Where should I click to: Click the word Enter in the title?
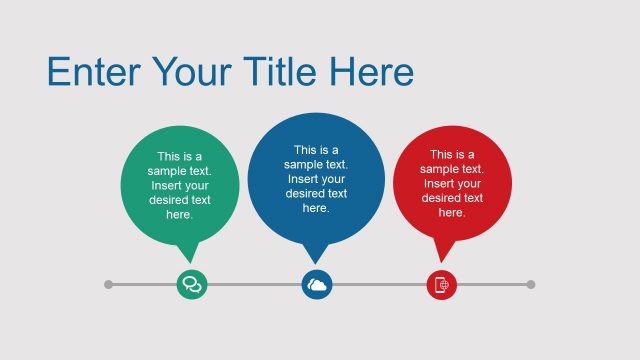94,72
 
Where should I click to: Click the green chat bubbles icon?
191,285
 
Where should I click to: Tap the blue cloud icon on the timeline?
317,285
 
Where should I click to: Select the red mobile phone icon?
442,285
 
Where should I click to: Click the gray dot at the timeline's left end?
109,285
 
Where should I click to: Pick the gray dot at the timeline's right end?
530,285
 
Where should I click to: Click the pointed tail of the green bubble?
188,252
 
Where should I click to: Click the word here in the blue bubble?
316,208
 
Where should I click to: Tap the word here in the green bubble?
179,214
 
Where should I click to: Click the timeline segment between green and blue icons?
254,285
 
